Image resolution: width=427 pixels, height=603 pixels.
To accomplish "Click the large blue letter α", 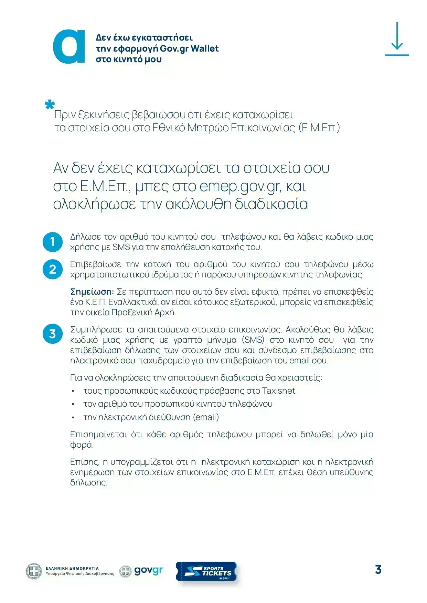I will pos(69,47).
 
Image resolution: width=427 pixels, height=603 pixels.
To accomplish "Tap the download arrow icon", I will pos(397,39).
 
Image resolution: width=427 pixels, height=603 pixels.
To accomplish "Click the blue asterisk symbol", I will pos(50,105).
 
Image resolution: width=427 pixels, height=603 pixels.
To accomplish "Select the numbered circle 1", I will pos(52,242).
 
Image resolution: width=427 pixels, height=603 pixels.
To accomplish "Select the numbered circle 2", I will pos(52,269).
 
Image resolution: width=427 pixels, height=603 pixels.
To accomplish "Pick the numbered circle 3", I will pos(52,334).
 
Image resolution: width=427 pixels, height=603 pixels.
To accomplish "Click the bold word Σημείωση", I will pos(92,292).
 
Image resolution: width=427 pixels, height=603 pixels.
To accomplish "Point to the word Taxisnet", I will pos(278,391).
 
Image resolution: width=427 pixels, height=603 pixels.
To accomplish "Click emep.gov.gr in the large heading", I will pos(240,186).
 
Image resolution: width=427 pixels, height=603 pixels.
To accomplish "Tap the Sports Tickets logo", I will pos(206,571).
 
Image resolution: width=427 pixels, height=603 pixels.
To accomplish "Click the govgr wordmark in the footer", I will pos(148,571).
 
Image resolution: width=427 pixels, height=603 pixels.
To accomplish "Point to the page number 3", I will pos(378,570).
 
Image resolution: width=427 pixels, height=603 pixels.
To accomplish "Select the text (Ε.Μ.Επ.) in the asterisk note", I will pos(319,128).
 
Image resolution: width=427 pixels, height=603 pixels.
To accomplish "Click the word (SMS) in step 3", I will pos(253,340).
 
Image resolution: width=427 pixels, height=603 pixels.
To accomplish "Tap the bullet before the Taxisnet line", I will pos(73,391).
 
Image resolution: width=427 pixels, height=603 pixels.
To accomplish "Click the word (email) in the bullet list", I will pos(206,417).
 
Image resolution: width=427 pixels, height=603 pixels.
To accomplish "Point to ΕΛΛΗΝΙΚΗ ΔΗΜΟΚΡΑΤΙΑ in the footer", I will pos(72,568).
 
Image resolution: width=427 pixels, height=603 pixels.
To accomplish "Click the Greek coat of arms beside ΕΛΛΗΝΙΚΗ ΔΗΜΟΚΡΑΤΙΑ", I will pos(34,571).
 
